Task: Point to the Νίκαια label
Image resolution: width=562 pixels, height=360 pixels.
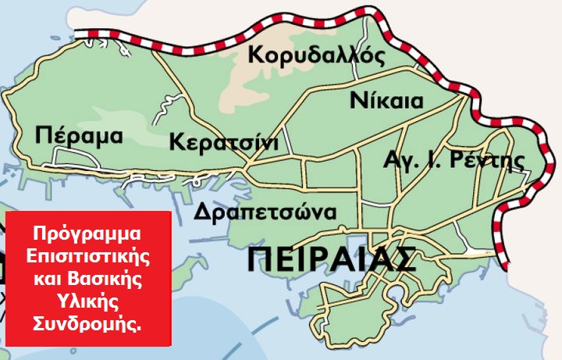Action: (x=386, y=102)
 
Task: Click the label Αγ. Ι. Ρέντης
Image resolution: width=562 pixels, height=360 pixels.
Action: (x=453, y=161)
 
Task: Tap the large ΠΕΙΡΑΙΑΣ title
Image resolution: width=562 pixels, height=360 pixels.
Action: (x=331, y=259)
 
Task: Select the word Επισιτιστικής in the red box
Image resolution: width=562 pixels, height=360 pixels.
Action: (x=88, y=256)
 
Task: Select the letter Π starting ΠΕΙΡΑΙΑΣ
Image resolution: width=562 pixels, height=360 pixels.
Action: (x=260, y=259)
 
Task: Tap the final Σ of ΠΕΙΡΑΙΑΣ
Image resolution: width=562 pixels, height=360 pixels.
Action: (x=402, y=259)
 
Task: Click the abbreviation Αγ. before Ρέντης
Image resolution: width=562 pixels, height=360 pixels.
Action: (x=397, y=162)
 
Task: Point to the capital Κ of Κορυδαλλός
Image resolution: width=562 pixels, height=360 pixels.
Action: (x=254, y=55)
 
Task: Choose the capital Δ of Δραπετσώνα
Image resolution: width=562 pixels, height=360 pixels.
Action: (x=203, y=212)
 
